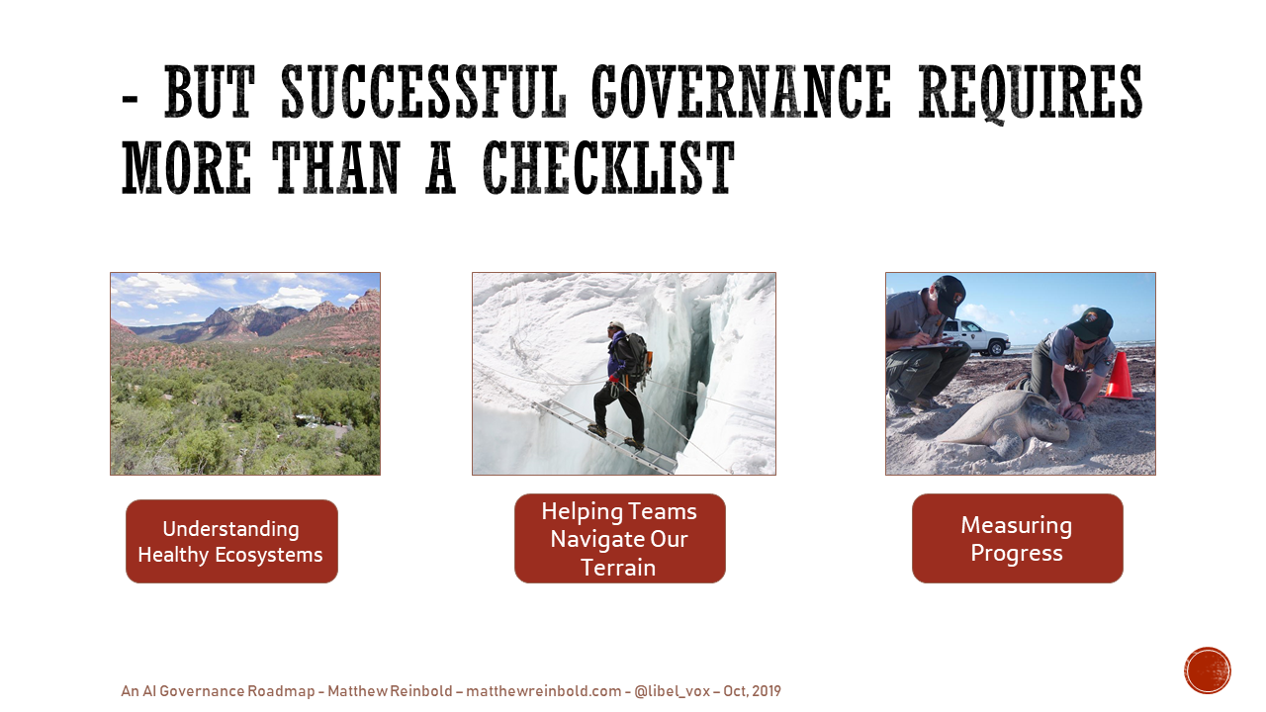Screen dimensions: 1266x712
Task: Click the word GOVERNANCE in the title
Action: pyautogui.click(x=741, y=91)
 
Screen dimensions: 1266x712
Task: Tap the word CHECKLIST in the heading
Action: pyautogui.click(x=608, y=168)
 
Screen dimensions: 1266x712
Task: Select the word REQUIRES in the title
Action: pyautogui.click(x=1031, y=92)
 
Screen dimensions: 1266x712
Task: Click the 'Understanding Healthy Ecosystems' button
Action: pyautogui.click(x=231, y=541)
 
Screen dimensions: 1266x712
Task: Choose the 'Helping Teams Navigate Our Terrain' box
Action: pyautogui.click(x=619, y=539)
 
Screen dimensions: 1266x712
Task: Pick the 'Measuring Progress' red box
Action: pyautogui.click(x=1018, y=539)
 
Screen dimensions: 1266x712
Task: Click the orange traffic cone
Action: pyautogui.click(x=1120, y=375)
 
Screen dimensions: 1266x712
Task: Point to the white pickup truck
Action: pyautogui.click(x=975, y=337)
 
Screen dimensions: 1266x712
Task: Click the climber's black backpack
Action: pyautogui.click(x=637, y=358)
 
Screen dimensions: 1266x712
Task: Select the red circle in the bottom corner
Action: pyautogui.click(x=1208, y=670)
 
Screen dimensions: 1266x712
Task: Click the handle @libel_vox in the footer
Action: pyautogui.click(x=672, y=691)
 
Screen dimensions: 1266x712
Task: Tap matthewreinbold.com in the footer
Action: pyautogui.click(x=544, y=691)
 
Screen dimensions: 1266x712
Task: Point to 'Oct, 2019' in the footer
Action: pyautogui.click(x=753, y=691)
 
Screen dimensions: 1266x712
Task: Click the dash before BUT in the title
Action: pyautogui.click(x=130, y=102)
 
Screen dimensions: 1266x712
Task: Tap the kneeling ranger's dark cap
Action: pyautogui.click(x=1093, y=323)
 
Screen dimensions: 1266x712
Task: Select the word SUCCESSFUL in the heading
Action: pyautogui.click(x=423, y=91)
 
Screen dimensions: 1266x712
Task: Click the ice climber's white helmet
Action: pyautogui.click(x=616, y=325)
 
